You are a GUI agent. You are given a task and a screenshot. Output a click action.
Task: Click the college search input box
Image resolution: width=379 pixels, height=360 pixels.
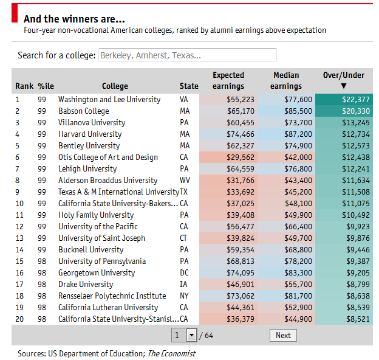pos(187,55)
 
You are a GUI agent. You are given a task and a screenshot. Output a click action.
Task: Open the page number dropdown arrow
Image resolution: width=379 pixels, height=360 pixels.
pos(191,335)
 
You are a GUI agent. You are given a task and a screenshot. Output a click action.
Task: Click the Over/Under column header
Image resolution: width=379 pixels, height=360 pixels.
pos(344,75)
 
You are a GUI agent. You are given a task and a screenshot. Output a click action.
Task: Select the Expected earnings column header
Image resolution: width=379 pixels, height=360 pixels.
pos(228,80)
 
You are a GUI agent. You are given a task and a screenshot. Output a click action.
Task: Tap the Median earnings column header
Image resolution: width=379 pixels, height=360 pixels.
pos(286,80)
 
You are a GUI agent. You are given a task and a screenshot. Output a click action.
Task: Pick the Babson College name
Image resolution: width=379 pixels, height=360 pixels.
pos(84,111)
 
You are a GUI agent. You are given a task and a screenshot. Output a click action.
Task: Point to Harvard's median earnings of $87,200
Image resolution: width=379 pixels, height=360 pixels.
pos(299,134)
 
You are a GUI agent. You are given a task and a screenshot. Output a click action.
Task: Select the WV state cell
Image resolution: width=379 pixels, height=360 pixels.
pos(185,181)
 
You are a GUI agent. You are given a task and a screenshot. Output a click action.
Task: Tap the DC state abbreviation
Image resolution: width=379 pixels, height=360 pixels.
pos(185,273)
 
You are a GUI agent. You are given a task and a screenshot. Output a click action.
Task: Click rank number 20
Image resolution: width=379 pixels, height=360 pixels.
pos(20,319)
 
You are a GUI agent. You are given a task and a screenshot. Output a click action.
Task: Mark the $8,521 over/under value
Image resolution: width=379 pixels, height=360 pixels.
pos(358,319)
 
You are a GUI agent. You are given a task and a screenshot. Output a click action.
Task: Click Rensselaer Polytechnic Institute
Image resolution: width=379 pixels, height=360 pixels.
pos(112,296)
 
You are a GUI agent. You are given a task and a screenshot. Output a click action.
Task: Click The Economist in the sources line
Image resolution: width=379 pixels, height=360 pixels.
pos(171,353)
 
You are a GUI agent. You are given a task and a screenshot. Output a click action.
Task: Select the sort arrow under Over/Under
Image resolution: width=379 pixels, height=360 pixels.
pos(344,86)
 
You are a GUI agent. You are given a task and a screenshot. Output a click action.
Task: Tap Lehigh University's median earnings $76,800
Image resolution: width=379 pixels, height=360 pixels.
pos(299,169)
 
